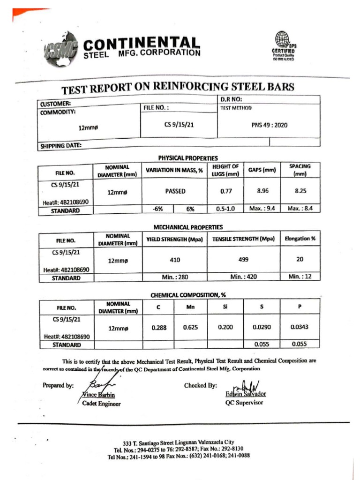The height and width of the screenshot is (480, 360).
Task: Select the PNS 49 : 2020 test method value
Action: coord(269,125)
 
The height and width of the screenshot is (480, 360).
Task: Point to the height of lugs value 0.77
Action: coord(225,191)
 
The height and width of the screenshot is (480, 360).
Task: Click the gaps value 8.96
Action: coord(262,191)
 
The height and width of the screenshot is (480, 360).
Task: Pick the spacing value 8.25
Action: coord(300,191)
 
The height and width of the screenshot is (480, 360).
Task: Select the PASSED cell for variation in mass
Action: coord(175,191)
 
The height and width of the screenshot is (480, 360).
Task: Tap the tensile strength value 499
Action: coord(243,259)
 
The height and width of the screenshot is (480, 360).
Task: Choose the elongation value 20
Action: coord(300,259)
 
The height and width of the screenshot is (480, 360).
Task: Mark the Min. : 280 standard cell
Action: coord(174,277)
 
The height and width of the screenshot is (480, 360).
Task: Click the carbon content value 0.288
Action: coord(159,328)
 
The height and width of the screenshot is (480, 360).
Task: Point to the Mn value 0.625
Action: coord(190,327)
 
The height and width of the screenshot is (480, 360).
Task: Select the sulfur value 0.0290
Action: coord(262,327)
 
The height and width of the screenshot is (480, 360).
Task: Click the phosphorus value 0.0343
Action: coord(300,327)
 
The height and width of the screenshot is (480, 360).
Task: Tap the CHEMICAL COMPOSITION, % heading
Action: coord(185,295)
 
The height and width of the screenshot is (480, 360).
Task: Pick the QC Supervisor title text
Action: coord(244,402)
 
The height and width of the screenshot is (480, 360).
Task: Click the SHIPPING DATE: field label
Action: coord(61,145)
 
